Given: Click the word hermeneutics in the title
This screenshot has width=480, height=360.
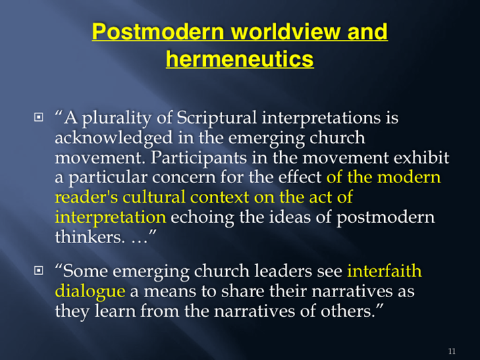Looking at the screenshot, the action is [240, 58].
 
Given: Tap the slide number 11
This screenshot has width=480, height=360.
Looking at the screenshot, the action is [452, 351].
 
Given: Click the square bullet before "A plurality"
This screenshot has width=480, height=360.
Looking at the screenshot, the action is [38, 118].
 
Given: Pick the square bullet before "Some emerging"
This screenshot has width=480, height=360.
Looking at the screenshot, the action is [38, 271].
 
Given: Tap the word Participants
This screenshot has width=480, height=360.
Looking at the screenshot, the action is [198, 157].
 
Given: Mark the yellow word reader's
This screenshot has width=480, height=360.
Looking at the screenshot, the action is [86, 198].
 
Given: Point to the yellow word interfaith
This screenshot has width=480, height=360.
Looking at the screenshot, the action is [384, 271].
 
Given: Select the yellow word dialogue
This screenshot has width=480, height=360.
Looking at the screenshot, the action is [90, 291].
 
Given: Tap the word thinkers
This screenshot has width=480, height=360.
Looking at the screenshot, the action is [90, 237].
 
